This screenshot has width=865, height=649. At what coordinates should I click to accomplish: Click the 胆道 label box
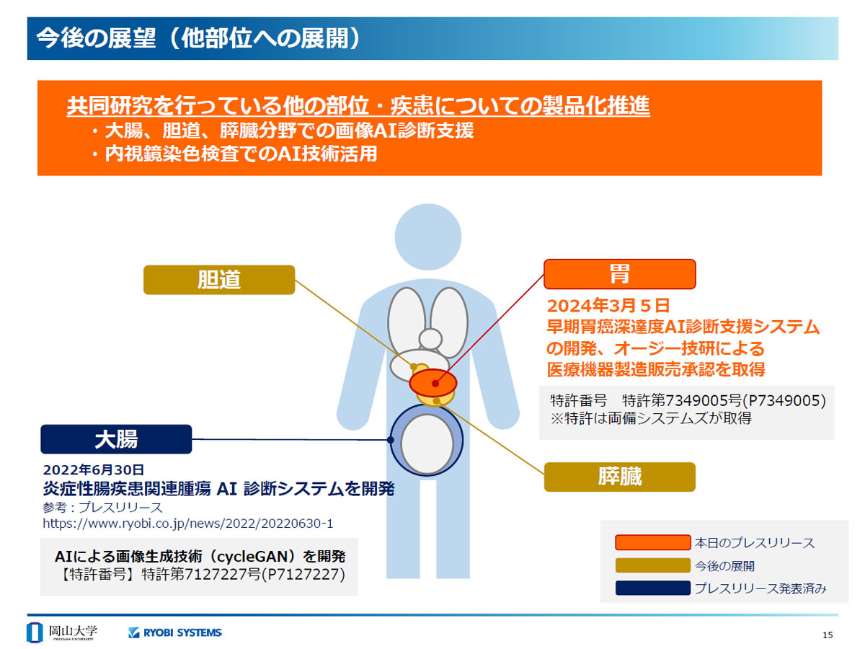[x=218, y=279]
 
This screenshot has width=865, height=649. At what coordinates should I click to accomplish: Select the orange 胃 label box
[x=619, y=274]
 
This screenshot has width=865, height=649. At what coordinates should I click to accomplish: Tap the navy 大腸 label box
[x=116, y=439]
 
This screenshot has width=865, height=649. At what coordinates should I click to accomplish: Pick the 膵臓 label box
[x=619, y=477]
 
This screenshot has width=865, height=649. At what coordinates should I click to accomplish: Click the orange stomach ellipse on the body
[x=432, y=382]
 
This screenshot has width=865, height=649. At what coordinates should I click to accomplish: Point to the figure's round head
[x=428, y=237]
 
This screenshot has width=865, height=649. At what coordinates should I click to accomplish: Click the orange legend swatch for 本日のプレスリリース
[x=652, y=542]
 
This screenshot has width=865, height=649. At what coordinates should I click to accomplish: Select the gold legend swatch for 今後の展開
[x=652, y=565]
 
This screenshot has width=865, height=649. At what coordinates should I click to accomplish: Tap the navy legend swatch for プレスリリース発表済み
[x=652, y=588]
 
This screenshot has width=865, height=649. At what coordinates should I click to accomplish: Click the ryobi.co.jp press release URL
[x=187, y=524]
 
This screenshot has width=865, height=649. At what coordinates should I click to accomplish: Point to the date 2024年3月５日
[x=608, y=305]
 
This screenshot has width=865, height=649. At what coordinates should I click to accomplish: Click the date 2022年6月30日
[x=94, y=469]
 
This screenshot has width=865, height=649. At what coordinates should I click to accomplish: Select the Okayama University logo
[x=62, y=632]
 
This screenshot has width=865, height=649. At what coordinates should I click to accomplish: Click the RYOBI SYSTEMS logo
[x=175, y=632]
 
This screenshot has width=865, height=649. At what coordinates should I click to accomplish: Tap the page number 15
[x=828, y=635]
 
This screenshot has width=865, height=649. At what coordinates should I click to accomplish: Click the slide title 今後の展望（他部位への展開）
[x=199, y=38]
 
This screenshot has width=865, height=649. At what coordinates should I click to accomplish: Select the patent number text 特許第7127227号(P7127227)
[x=243, y=574]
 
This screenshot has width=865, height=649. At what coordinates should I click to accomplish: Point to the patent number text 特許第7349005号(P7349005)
[x=724, y=400]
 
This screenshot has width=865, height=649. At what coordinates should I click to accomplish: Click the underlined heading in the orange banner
[x=358, y=105]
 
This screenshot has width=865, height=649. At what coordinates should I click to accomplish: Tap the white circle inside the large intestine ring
[x=427, y=443]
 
